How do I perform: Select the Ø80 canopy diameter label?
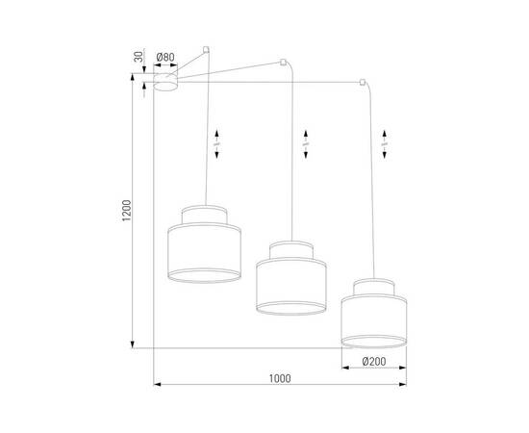click(x=164, y=58)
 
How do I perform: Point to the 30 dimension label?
click(x=139, y=58)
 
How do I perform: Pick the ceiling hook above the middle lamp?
click(x=282, y=64)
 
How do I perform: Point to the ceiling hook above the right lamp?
click(x=361, y=84)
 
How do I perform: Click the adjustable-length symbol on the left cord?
click(x=217, y=142)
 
